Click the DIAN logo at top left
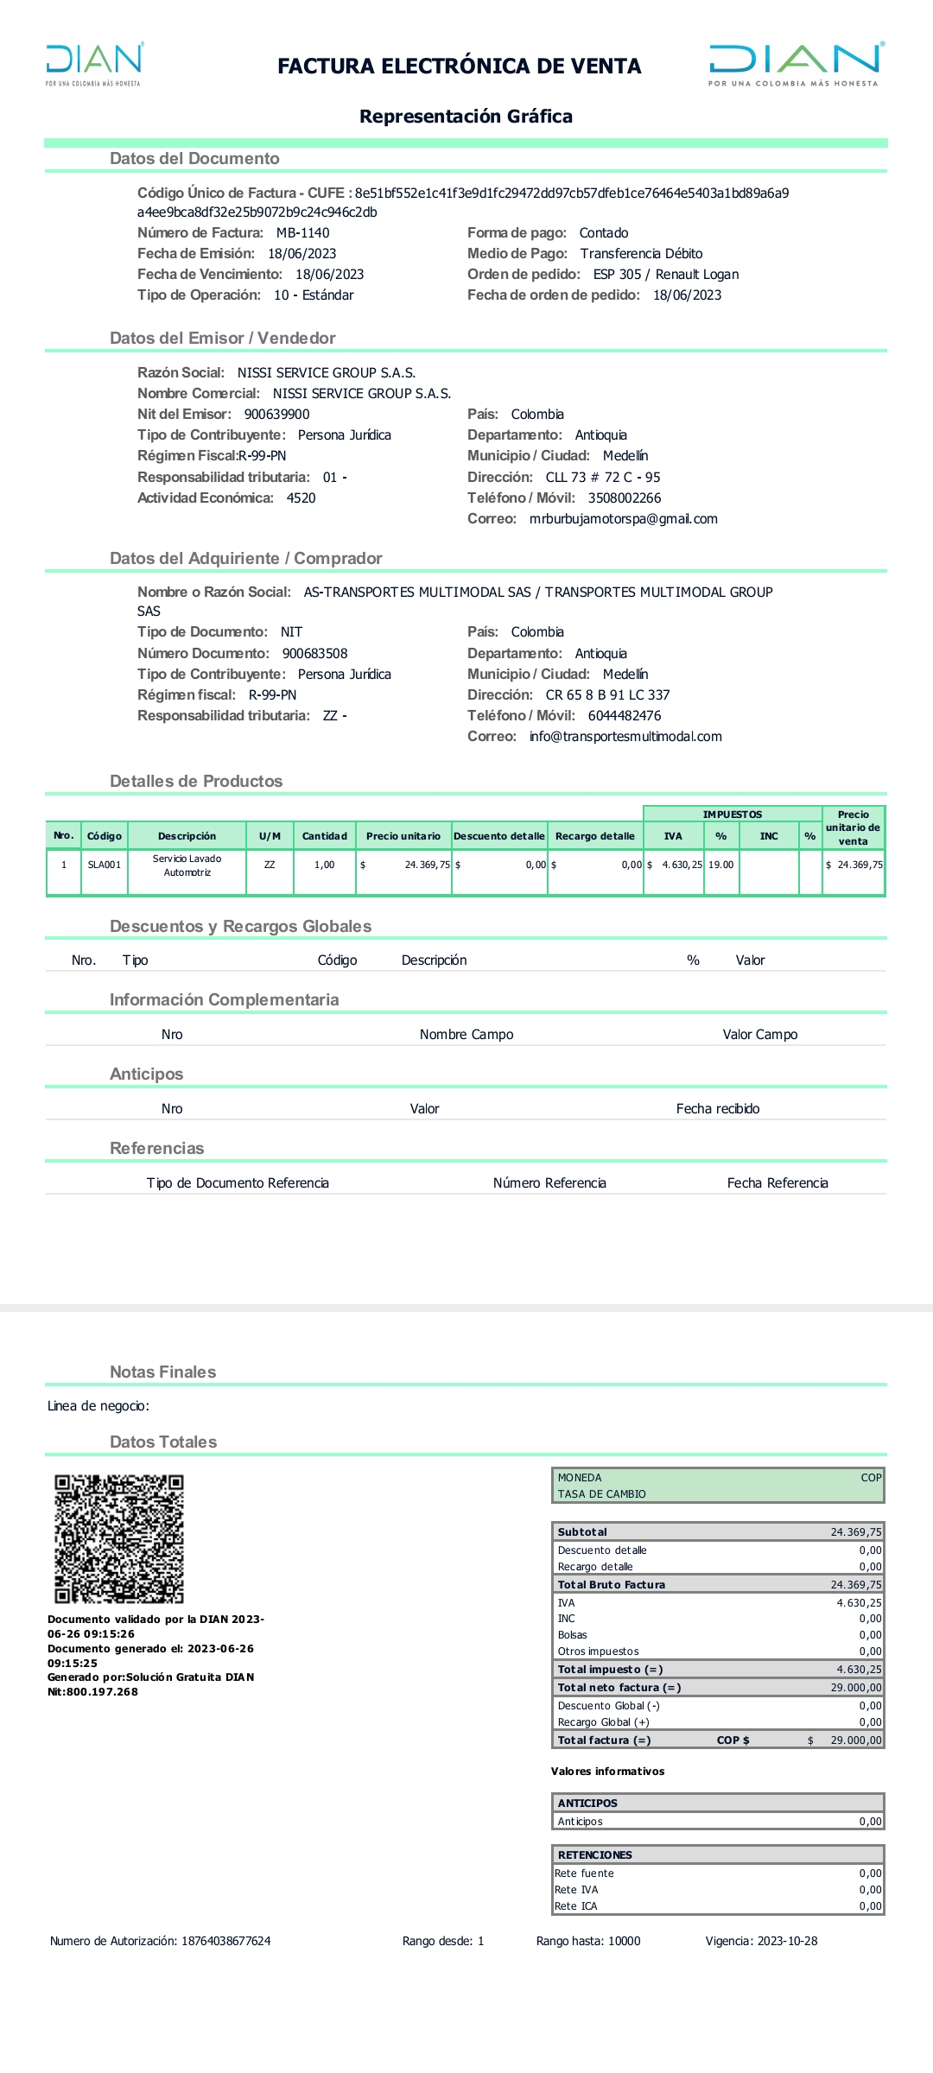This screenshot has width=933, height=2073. (x=94, y=64)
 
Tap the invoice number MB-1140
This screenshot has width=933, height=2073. (x=302, y=233)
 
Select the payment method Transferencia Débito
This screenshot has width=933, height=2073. (x=641, y=254)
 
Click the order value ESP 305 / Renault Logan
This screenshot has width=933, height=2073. (x=665, y=275)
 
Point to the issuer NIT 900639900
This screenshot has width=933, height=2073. (x=276, y=415)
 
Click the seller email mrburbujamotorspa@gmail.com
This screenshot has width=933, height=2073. (x=623, y=519)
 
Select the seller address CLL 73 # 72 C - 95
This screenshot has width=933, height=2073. (x=602, y=478)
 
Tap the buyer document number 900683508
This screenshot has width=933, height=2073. (x=314, y=654)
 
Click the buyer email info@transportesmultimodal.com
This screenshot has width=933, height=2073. (x=625, y=737)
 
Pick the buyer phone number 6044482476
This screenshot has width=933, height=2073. (x=625, y=716)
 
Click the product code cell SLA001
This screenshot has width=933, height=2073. (x=105, y=865)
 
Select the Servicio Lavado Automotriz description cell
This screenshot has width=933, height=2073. (x=187, y=865)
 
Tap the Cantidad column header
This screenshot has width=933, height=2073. (x=324, y=836)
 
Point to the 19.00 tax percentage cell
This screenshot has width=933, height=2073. (x=721, y=865)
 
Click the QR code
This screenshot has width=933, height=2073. (x=119, y=1538)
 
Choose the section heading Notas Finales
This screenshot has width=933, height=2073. (x=162, y=1372)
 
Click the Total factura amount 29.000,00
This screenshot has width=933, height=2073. (x=855, y=1740)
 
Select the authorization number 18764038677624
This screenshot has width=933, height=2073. (x=225, y=1941)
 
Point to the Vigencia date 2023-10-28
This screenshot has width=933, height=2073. (x=787, y=1941)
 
